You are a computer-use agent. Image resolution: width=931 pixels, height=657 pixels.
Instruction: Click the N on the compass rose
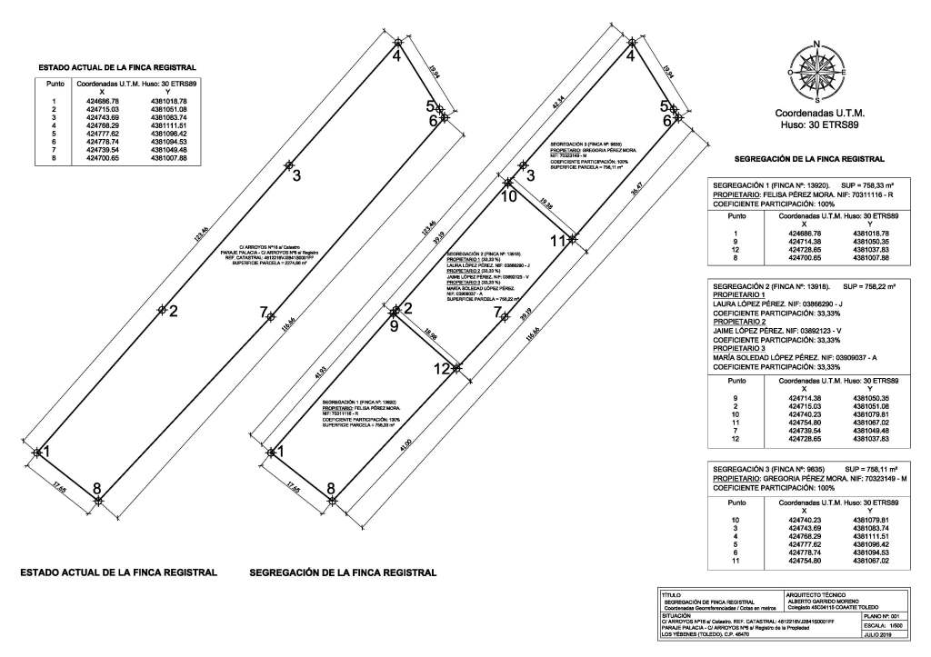[816, 44]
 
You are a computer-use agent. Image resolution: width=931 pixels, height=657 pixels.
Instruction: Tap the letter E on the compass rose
[845, 72]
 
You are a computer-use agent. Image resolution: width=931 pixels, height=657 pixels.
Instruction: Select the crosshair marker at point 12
[457, 368]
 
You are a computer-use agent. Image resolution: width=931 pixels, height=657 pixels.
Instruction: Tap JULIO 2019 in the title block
[880, 635]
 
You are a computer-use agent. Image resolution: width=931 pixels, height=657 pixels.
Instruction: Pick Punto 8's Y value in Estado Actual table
[168, 158]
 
